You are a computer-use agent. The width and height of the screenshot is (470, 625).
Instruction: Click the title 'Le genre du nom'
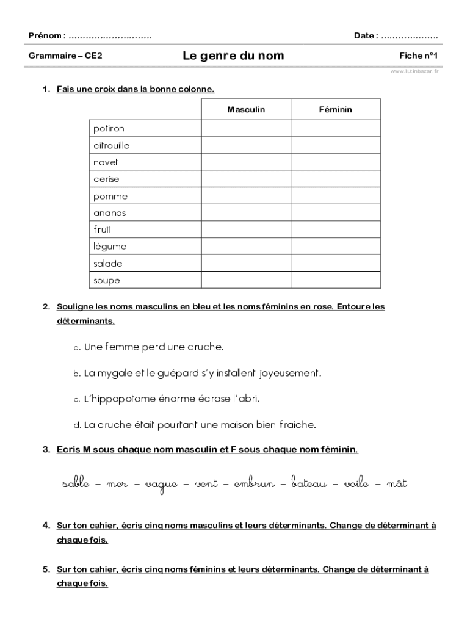point(233,56)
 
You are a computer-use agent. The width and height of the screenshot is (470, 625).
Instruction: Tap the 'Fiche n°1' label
point(419,56)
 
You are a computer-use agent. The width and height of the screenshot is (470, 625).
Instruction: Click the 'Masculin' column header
point(246,110)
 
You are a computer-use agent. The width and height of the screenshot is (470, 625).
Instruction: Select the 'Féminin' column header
point(335,110)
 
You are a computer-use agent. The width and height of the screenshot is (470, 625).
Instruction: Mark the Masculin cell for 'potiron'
point(246,129)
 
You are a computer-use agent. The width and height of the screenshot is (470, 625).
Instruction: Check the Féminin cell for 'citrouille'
point(335,146)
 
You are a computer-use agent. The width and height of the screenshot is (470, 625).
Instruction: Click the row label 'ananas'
point(110,213)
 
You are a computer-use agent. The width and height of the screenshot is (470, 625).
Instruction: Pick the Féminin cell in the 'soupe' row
point(335,281)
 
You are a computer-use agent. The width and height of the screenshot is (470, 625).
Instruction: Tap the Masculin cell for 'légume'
point(246,247)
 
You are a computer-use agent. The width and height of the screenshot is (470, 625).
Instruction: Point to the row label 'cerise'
point(107,179)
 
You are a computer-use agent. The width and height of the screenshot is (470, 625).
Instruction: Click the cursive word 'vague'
point(161,485)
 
